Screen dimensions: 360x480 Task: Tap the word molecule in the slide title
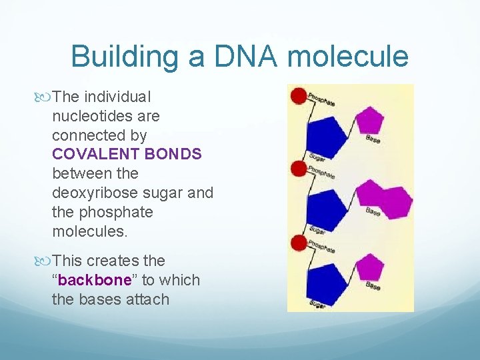coord(349,56)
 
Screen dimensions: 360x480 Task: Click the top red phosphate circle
coord(299,95)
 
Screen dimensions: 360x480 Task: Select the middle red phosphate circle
coord(299,169)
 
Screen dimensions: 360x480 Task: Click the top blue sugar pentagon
coord(325,132)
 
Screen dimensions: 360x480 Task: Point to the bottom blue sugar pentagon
coord(325,278)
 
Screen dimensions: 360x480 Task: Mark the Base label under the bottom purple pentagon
coord(373,285)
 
